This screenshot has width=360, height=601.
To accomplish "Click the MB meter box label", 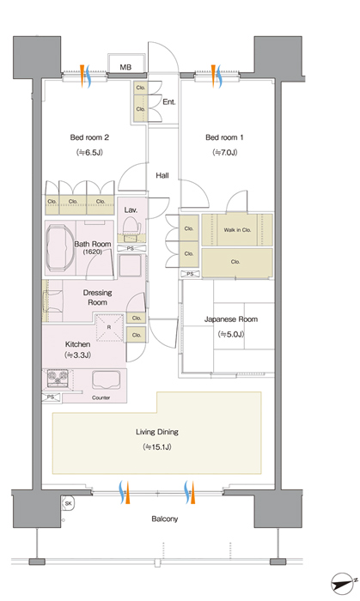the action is pos(125,67).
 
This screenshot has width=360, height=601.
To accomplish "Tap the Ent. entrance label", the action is pos(169,102).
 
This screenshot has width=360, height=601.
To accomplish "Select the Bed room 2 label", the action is pos(89,137).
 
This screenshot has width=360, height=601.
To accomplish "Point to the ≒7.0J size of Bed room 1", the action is pos(224,152).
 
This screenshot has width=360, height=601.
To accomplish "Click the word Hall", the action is pos(162,175).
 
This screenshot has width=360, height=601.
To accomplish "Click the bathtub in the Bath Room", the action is pos(59,247).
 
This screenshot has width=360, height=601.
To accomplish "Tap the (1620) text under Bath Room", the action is pos(93,252).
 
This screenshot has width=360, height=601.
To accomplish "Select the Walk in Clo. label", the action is pos(237,230).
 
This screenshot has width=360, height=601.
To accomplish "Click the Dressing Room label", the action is pos(97,297).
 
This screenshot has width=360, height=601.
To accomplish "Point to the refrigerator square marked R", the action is pos(109,327).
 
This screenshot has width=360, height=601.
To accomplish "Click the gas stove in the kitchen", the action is pos(58,379).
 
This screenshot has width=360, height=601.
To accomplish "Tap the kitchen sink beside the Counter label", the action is pos(106,380).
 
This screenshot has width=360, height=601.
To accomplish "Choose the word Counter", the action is pos(101,398).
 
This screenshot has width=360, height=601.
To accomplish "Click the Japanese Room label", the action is pos(231,319).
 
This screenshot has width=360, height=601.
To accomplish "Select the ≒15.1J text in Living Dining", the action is pos(157,447).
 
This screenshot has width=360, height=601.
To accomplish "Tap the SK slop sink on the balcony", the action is pos(68,503).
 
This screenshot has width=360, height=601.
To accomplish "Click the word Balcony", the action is pos(164,519).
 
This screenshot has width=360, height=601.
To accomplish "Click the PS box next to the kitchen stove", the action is pos(51,398).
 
